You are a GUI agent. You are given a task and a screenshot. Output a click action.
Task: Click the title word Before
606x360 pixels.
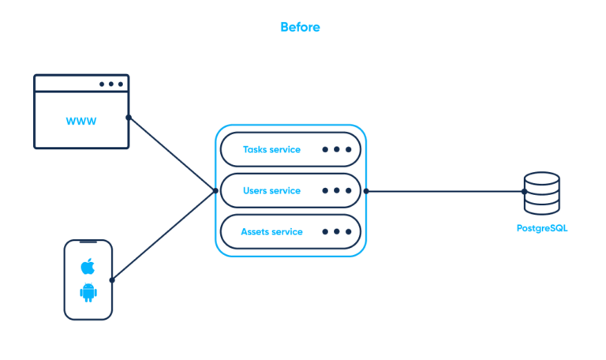pyautogui.click(x=300, y=27)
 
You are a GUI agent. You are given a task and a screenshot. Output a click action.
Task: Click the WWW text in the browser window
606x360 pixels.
pyautogui.click(x=81, y=122)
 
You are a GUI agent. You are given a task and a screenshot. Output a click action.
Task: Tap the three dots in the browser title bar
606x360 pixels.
pyautogui.click(x=111, y=84)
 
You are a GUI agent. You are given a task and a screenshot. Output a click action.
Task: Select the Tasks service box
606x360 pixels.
pyautogui.click(x=290, y=148)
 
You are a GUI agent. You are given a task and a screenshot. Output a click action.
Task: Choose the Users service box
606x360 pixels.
pyautogui.click(x=290, y=190)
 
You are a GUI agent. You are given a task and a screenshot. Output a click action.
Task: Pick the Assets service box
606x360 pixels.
pyautogui.click(x=290, y=232)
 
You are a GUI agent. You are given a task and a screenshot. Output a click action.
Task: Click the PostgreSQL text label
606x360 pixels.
pyautogui.click(x=541, y=229)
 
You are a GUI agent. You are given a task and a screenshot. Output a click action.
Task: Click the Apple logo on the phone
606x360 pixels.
pyautogui.click(x=88, y=266)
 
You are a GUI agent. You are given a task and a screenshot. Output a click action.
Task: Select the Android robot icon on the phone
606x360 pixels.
pyautogui.click(x=88, y=293)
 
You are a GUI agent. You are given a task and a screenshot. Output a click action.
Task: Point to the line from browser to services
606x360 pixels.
pyautogui.click(x=172, y=155)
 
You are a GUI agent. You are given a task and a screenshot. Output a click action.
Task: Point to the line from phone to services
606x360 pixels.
pyautogui.click(x=164, y=235)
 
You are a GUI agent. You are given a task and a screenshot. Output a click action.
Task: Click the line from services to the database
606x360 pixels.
pyautogui.click(x=442, y=191)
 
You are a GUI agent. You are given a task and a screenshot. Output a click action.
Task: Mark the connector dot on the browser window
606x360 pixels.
pyautogui.click(x=129, y=118)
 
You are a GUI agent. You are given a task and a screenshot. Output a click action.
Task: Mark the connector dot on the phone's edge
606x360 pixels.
pyautogui.click(x=112, y=279)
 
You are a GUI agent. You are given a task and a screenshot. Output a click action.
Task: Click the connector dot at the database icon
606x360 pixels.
pyautogui.click(x=524, y=191)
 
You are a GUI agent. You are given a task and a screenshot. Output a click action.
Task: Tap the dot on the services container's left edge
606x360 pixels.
pyautogui.click(x=215, y=190)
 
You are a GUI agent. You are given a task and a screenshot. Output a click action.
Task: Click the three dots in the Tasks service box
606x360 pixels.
pyautogui.click(x=337, y=148)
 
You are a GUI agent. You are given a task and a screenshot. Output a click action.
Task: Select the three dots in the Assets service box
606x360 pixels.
pyautogui.click(x=337, y=232)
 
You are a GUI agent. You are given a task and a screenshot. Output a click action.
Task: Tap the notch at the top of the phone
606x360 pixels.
pyautogui.click(x=88, y=242)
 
